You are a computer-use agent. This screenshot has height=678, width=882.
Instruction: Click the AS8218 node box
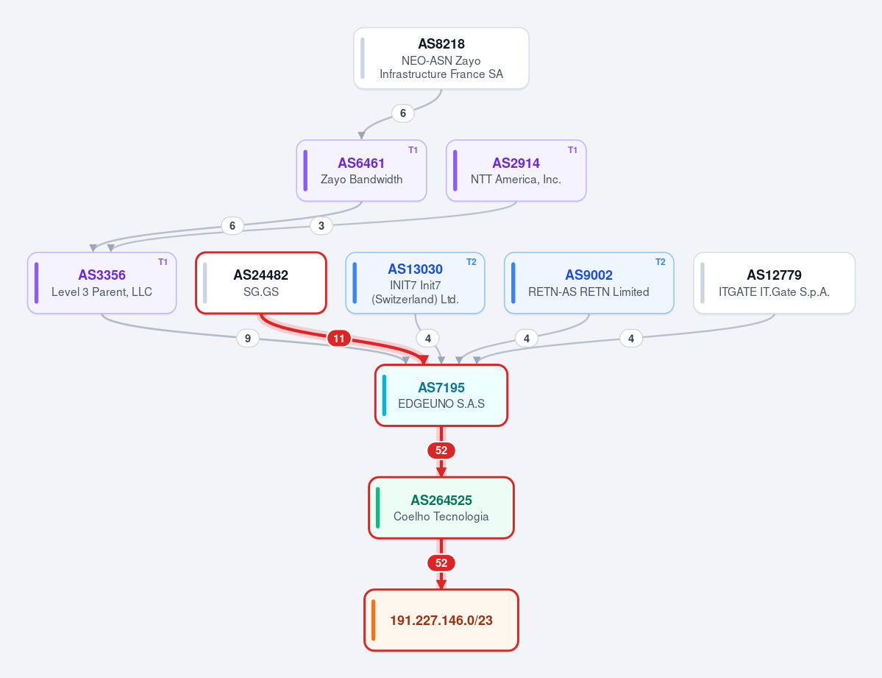click(x=441, y=59)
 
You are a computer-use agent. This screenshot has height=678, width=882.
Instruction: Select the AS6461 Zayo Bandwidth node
click(x=361, y=171)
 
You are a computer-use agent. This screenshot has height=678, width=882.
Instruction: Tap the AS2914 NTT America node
click(x=516, y=171)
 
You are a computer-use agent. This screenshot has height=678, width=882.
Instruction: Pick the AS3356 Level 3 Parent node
click(x=102, y=283)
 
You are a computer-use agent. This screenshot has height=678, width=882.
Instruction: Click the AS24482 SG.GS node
click(x=261, y=283)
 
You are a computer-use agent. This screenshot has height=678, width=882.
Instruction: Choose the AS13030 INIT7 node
click(x=415, y=283)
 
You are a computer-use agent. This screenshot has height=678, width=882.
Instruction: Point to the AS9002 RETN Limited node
click(x=589, y=283)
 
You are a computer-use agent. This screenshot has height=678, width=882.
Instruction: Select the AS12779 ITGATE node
click(x=774, y=283)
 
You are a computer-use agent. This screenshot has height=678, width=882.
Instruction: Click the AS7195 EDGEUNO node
click(x=441, y=395)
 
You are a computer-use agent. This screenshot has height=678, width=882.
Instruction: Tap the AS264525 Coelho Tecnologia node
click(x=441, y=508)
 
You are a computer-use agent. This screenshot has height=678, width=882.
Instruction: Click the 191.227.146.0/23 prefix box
click(x=441, y=620)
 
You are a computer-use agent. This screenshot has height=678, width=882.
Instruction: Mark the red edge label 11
click(x=338, y=339)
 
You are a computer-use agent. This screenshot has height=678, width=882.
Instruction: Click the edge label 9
click(x=247, y=339)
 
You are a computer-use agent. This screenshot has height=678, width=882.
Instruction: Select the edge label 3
click(x=321, y=226)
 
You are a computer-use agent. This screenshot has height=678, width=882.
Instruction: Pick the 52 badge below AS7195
click(x=441, y=451)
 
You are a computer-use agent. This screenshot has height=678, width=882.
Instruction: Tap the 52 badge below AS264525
click(x=441, y=562)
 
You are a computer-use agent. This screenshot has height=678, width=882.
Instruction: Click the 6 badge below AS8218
click(x=403, y=113)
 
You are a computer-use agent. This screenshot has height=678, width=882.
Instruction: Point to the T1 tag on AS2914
click(x=572, y=149)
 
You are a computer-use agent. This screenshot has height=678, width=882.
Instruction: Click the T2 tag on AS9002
click(x=661, y=262)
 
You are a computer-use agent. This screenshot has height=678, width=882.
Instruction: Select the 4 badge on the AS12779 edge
click(x=631, y=339)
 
